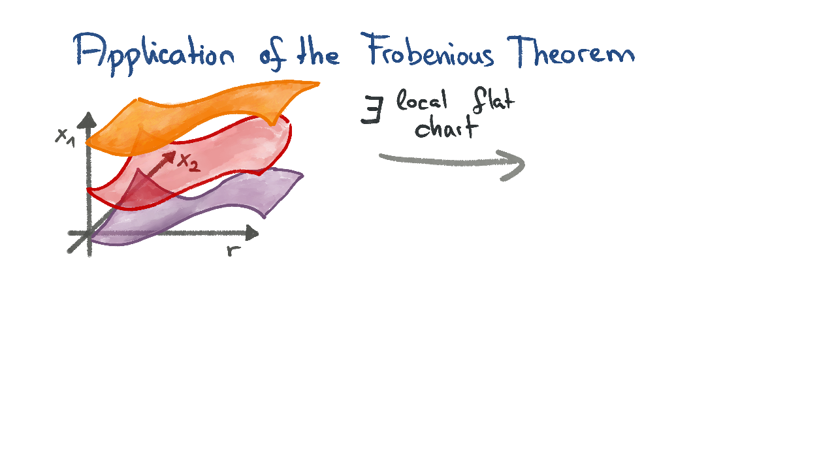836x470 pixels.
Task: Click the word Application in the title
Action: point(154,54)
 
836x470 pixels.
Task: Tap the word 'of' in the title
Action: point(272,57)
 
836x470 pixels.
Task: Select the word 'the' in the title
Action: point(318,53)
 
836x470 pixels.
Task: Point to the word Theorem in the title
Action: point(571,52)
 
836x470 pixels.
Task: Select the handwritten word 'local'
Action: point(422,100)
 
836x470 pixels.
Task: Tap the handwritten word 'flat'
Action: point(493,100)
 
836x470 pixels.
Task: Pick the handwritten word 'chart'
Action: point(446,127)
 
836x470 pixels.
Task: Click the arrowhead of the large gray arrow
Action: point(514,165)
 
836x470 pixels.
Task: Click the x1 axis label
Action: point(65,137)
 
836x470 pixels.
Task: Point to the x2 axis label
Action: point(189,163)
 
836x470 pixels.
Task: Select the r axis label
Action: point(233,251)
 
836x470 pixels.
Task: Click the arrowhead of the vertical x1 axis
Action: point(88,121)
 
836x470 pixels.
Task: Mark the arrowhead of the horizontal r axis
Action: point(251,233)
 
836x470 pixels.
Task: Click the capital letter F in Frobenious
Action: point(374,49)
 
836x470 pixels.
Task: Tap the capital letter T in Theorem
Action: point(521,52)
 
